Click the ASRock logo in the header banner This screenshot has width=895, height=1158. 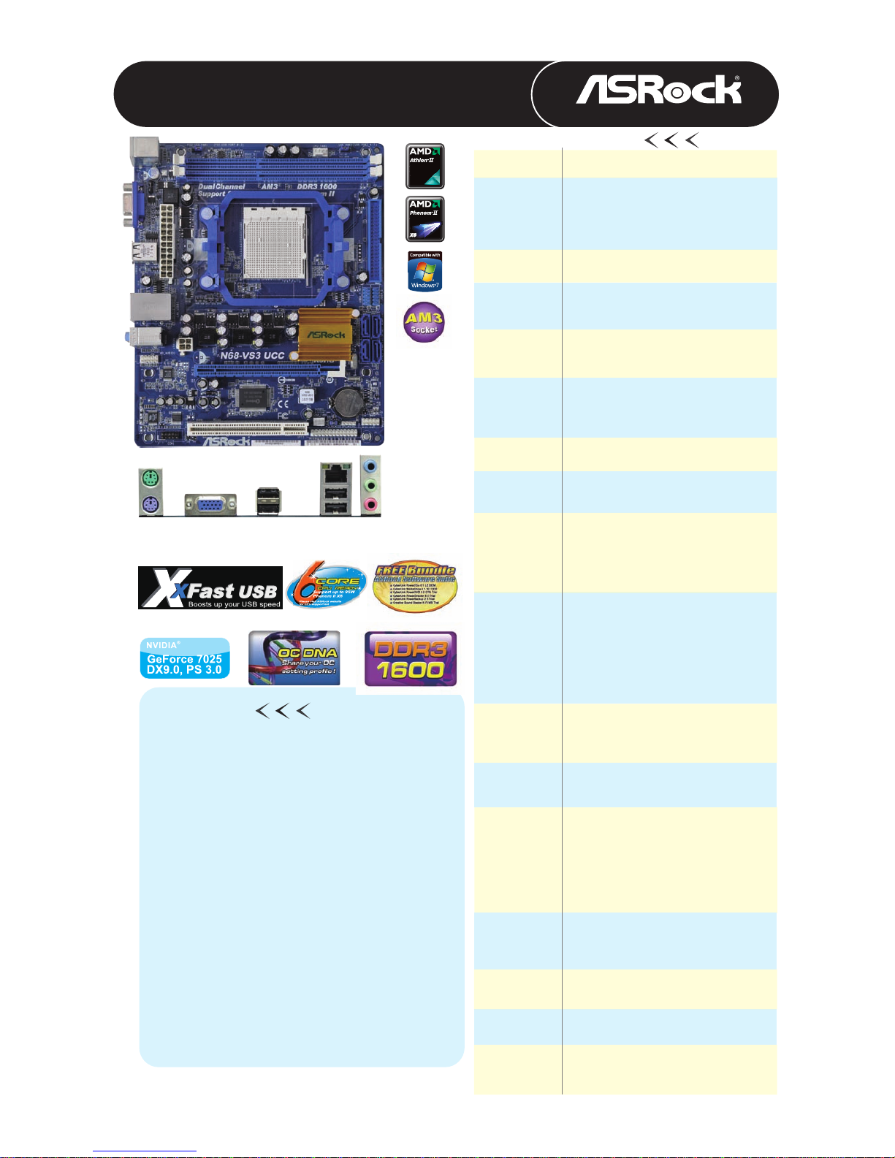(x=658, y=91)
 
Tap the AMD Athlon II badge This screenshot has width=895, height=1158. (x=424, y=166)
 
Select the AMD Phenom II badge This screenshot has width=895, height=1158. (x=424, y=218)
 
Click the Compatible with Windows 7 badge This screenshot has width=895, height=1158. (x=424, y=271)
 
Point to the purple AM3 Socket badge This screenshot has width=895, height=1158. (x=424, y=322)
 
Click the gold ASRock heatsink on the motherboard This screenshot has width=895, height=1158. (x=324, y=335)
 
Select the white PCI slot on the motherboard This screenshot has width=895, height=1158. (x=247, y=429)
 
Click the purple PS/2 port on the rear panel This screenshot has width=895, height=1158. (x=149, y=503)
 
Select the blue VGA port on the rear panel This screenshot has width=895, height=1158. (x=210, y=504)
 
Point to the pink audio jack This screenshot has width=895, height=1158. (x=371, y=503)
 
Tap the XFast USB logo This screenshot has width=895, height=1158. (x=210, y=587)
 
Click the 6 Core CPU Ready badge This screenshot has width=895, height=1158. (x=327, y=586)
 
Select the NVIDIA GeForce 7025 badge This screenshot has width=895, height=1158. (x=185, y=658)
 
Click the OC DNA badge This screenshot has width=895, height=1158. (x=294, y=658)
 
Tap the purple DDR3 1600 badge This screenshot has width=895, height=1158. (x=411, y=658)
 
